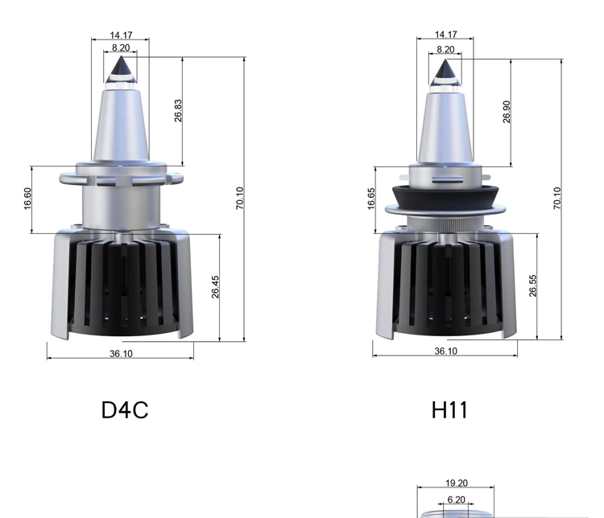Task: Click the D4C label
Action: click(125, 410)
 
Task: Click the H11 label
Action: click(449, 410)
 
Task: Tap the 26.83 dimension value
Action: click(178, 111)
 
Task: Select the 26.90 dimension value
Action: click(507, 112)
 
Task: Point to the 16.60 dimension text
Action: click(27, 199)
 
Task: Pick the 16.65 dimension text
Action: click(371, 199)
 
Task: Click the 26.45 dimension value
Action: click(215, 286)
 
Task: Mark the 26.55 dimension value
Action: click(533, 286)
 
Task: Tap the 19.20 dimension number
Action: click(457, 483)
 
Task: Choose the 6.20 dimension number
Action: click(456, 499)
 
